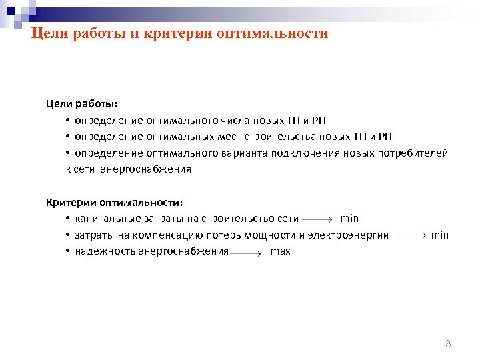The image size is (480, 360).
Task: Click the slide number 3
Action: pyautogui.click(x=448, y=344)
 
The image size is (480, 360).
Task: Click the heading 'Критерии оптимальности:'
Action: pyautogui.click(x=113, y=202)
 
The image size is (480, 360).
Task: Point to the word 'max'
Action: pyautogui.click(x=281, y=251)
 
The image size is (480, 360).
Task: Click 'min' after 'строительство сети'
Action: pyautogui.click(x=349, y=218)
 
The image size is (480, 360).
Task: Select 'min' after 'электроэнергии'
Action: pyautogui.click(x=440, y=235)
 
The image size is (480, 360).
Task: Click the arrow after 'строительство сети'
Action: pyautogui.click(x=317, y=219)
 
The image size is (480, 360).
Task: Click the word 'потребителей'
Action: pyautogui.click(x=417, y=153)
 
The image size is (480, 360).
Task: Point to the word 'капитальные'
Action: pyautogui.click(x=101, y=219)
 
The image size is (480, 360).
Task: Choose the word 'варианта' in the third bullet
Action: pyautogui.click(x=243, y=153)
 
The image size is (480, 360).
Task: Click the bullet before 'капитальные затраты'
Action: pyautogui.click(x=69, y=219)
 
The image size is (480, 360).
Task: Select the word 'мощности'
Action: pyautogui.click(x=271, y=235)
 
